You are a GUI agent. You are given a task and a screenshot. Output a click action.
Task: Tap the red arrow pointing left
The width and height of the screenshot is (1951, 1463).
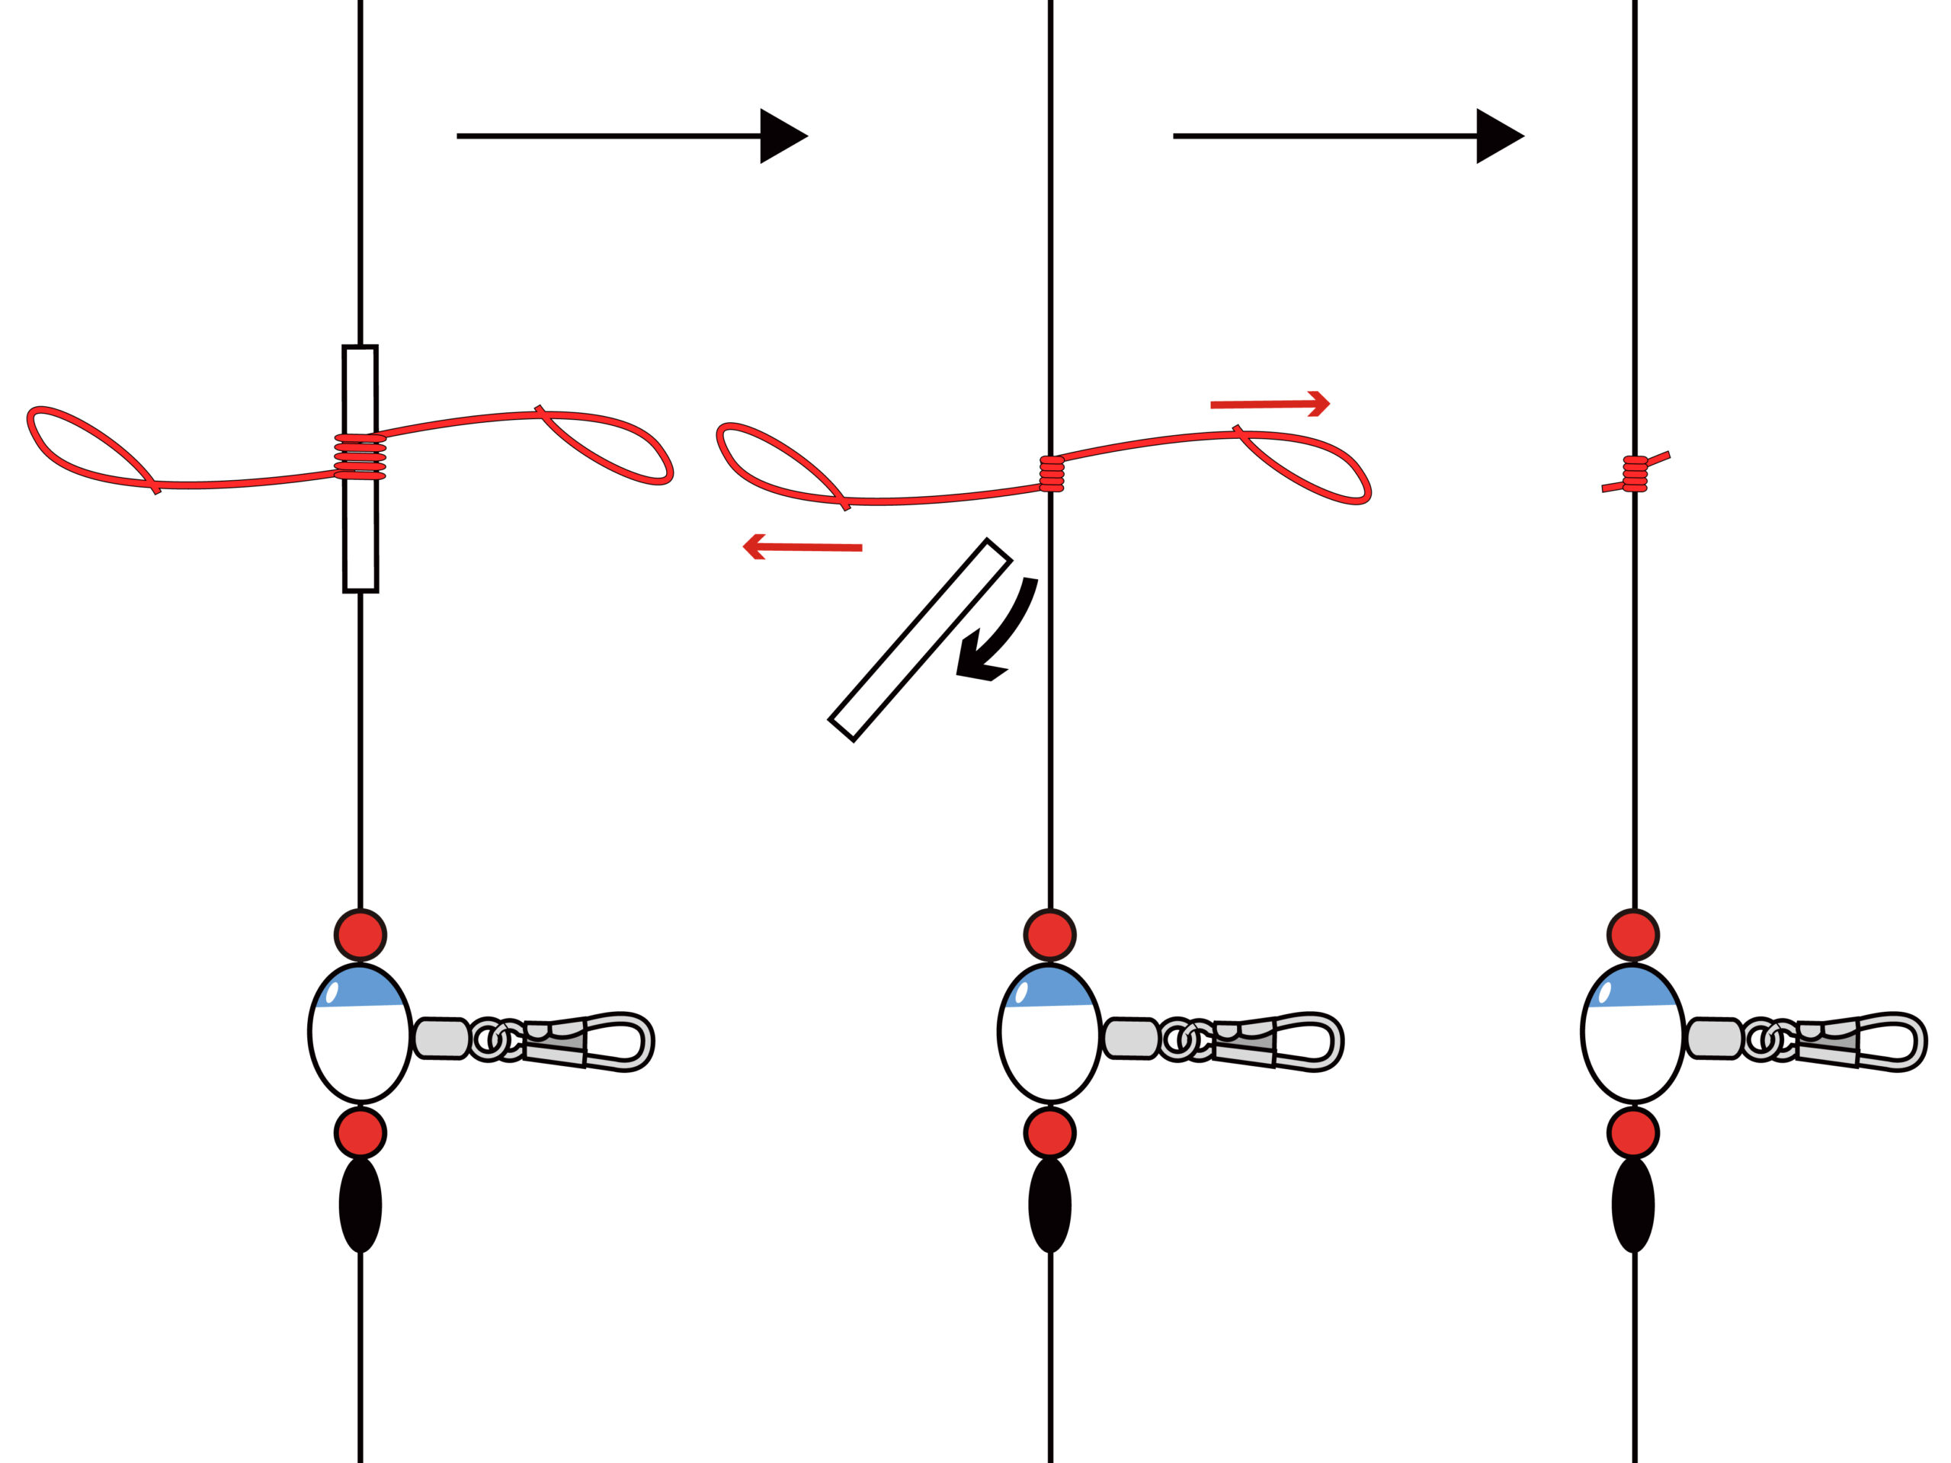pos(803,547)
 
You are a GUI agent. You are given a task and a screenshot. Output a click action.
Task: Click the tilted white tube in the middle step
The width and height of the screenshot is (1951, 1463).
pos(920,639)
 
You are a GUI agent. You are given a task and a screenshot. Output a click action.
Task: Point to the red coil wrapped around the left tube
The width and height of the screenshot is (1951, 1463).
pos(360,456)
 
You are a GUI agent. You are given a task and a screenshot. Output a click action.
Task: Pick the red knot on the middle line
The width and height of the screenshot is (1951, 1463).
pos(1050,473)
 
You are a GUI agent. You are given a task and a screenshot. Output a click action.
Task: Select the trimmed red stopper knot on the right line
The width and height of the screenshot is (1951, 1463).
pos(1635,473)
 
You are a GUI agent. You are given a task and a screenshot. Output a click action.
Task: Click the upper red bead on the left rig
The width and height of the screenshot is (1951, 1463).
pos(360,935)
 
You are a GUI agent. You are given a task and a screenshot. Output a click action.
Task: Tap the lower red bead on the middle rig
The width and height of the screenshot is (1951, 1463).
pos(1049,1133)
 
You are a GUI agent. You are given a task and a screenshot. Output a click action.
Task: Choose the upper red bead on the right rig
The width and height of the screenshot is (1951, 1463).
pos(1632,935)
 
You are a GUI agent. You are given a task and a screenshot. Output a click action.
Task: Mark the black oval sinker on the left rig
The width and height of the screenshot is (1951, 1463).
pos(360,1205)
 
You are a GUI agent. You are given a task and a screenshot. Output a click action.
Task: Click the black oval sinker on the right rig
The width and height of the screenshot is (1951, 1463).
pos(1632,1205)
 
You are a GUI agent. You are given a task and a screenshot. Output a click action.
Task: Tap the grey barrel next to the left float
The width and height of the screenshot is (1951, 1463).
pos(441,1038)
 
